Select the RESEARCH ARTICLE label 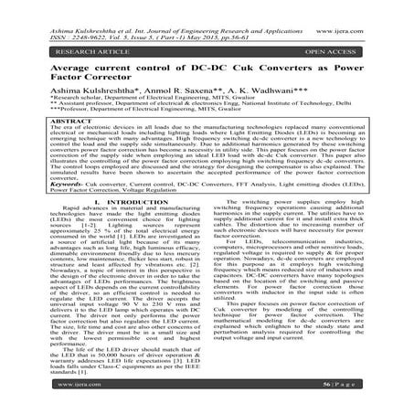tap(69, 39)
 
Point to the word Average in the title tap(64, 61)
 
